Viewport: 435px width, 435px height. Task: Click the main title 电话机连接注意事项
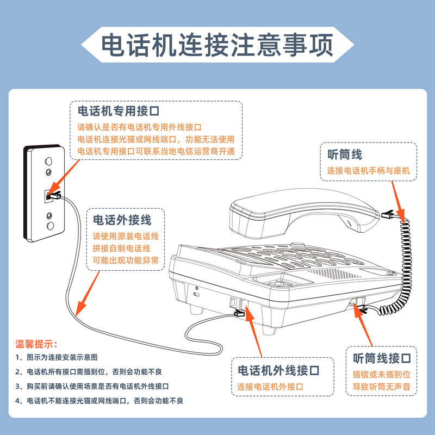[x=217, y=46]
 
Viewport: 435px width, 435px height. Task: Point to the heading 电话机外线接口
[x=278, y=371]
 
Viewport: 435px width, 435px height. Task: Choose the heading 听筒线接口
[x=382, y=358]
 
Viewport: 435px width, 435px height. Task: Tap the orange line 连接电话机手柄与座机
[x=368, y=171]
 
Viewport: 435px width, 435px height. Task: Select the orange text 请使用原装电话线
[x=126, y=237]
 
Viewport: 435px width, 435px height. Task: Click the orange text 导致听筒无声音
[x=382, y=387]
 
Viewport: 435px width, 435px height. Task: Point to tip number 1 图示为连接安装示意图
[x=57, y=358]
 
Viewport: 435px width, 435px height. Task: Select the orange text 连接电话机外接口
[x=270, y=387]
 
